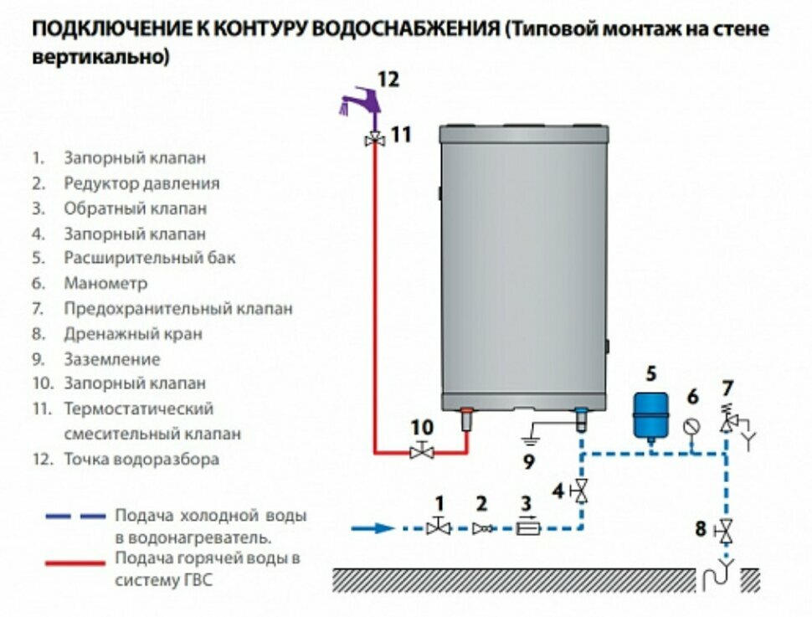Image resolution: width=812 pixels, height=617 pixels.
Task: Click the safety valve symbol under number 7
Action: [727, 423]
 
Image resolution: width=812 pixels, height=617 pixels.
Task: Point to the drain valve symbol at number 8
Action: [726, 530]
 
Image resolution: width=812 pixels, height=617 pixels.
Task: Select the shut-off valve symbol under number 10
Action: [422, 452]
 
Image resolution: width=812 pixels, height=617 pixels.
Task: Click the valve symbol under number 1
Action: [438, 527]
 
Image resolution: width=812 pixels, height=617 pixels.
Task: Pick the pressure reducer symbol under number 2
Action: [481, 528]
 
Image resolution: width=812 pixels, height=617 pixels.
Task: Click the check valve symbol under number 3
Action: [527, 528]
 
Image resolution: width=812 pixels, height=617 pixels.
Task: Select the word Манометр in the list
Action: [105, 284]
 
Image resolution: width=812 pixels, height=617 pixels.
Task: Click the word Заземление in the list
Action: [111, 359]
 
